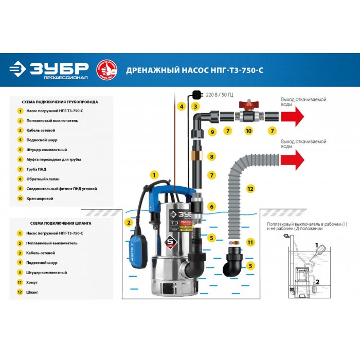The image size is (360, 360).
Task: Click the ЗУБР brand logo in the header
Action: [49, 70]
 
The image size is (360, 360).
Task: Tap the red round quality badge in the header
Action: [107, 69]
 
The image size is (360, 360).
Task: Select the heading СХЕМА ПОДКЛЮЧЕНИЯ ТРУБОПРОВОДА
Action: [57, 102]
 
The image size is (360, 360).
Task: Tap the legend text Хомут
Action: [32, 282]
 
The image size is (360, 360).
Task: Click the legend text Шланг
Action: [32, 292]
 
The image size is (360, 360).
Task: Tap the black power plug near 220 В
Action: [195, 94]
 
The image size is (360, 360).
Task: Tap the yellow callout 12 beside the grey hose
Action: [250, 189]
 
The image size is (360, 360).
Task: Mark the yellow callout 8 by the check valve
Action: [211, 156]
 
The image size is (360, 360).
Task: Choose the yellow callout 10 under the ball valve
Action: [248, 132]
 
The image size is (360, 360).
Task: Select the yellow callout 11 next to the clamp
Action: [250, 242]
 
